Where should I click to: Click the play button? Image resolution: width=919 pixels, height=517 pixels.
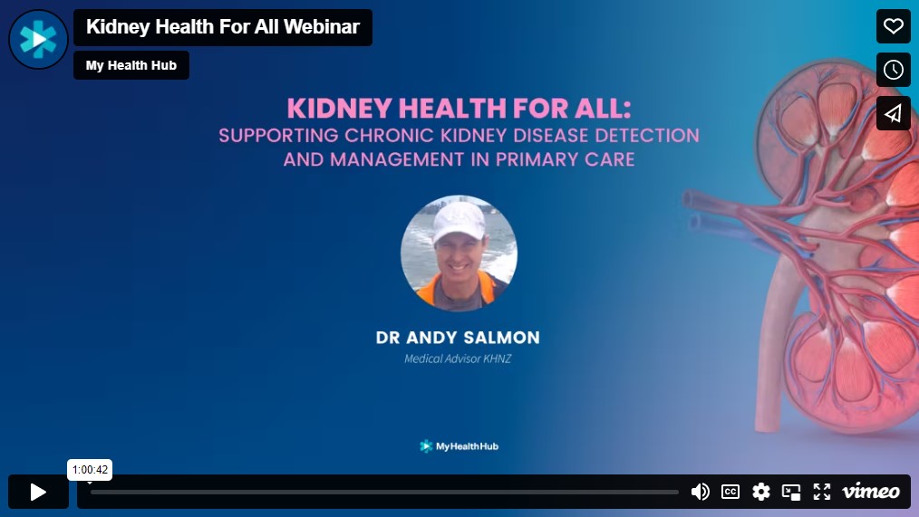pos(38,492)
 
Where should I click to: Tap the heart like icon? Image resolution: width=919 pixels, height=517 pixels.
pos(893,26)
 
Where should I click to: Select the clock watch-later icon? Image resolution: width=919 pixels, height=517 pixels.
pos(893,70)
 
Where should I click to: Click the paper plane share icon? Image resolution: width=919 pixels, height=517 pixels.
pos(893,113)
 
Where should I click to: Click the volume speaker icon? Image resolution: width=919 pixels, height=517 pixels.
pos(700,492)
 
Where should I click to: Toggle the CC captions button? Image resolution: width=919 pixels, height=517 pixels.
pos(730,492)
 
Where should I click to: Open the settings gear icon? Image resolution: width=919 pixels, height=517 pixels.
pos(761,492)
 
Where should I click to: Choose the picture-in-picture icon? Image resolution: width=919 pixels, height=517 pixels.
pos(791,492)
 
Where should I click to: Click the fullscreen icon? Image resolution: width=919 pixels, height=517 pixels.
pos(821,492)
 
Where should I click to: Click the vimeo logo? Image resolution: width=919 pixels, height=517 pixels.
pos(870,492)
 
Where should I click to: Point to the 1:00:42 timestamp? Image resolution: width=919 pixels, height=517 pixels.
pos(90,470)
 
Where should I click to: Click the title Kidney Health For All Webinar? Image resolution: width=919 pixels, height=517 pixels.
pos(223,27)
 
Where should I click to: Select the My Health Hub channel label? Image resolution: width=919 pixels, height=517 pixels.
pos(131,65)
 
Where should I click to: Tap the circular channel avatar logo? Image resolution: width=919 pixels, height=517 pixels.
pos(38,39)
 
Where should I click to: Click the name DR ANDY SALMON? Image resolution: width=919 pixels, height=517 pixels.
pos(458,338)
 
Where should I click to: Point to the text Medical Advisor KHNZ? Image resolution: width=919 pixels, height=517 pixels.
pos(458,359)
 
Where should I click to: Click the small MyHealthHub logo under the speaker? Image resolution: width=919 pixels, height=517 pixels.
pos(459,446)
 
